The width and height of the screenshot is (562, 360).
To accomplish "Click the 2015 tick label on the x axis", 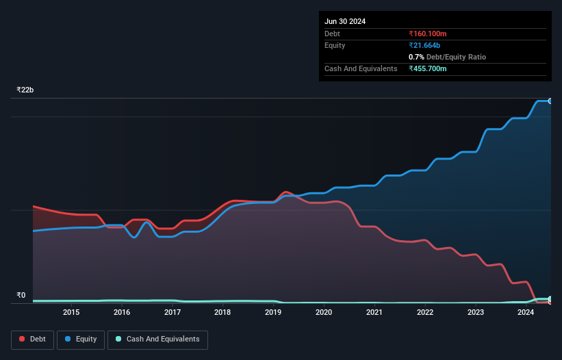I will pos(71,313).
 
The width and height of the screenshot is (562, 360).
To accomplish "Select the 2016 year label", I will pos(122,313).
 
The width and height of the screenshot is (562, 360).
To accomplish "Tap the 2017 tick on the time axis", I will pos(173,313).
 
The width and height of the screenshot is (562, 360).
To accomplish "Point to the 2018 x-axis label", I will pos(222,313).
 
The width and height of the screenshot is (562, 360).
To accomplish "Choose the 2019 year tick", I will pos(273,313).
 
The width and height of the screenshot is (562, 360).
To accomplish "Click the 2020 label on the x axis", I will pos(324,313).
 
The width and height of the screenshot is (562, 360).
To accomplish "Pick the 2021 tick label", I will pos(374,313).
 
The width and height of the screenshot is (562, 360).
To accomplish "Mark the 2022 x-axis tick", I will pos(425,313).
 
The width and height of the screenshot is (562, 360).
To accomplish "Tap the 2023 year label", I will pos(476,313).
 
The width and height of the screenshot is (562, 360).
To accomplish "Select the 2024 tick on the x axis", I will pos(526,313).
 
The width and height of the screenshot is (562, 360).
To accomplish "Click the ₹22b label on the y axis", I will pos(25,90).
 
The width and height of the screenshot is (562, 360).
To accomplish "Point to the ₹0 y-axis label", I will pos(21,296).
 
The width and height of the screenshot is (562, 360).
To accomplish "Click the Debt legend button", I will pos(32,339).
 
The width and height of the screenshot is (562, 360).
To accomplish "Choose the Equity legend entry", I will pos(81,339).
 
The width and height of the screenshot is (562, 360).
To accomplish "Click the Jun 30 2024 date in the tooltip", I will pos(345,21).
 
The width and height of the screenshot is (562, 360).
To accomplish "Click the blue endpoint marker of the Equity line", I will pos(550,101).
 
